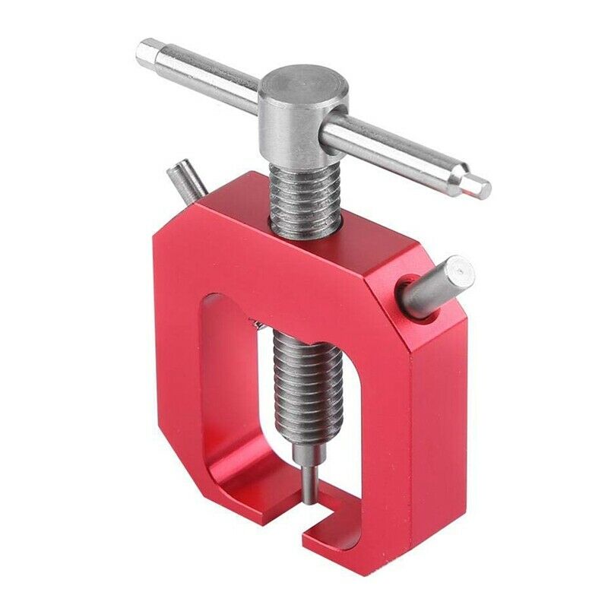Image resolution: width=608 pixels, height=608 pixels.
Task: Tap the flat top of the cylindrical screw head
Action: coord(300,84)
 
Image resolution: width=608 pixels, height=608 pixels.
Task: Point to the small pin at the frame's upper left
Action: coord(185,179)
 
